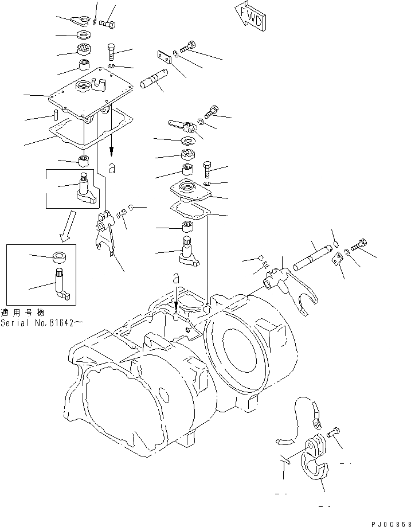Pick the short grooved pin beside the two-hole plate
pos(151,79)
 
